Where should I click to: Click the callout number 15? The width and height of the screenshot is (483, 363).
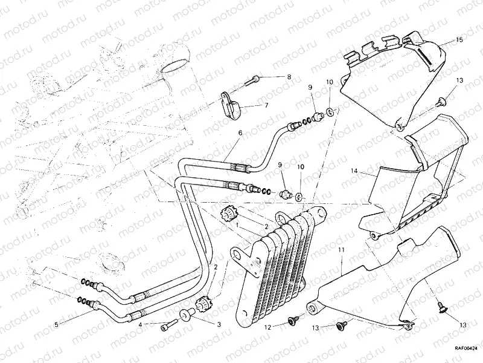click(x=459, y=40)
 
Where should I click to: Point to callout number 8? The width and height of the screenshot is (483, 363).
click(x=289, y=77)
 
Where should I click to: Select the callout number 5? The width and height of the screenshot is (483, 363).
click(x=56, y=324)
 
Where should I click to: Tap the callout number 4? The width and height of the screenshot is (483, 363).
click(x=140, y=325)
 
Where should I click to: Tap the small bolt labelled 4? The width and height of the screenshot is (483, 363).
click(x=165, y=327)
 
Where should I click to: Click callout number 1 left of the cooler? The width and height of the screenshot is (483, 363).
click(x=237, y=225)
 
